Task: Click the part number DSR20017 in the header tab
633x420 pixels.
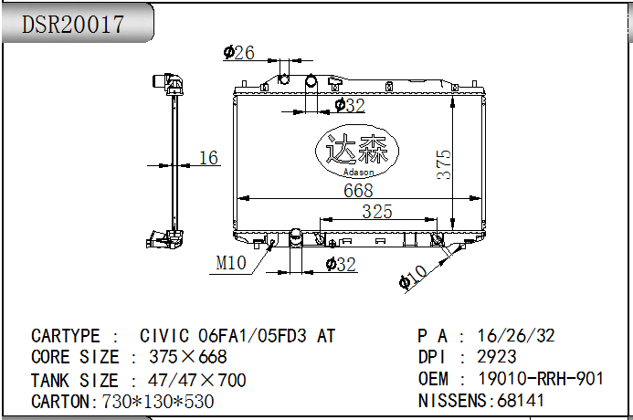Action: click(73, 25)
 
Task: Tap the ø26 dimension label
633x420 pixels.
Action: click(238, 53)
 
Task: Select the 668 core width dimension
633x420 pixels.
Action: click(358, 191)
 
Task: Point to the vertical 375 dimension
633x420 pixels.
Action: click(444, 164)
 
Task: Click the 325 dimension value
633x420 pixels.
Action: click(377, 212)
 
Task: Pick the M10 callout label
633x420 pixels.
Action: click(231, 263)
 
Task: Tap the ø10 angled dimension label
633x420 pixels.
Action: click(413, 278)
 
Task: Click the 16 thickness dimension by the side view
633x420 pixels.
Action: click(208, 158)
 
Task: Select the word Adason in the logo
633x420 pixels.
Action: click(358, 173)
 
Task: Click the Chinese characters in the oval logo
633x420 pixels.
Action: click(357, 149)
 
